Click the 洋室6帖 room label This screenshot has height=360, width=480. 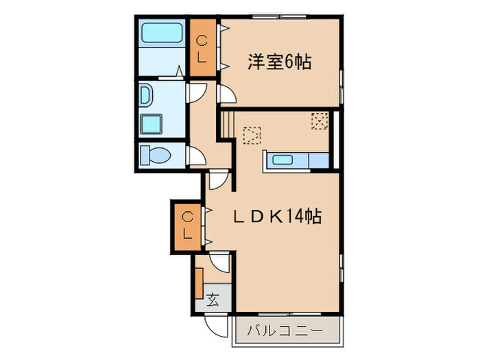tap(279, 62)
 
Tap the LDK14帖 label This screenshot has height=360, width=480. tap(276, 217)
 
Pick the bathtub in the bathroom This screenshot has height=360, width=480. tap(161, 34)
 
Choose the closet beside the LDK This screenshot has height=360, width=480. tap(187, 227)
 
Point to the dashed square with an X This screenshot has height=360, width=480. tap(320, 121)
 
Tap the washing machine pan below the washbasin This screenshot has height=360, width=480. tap(150, 124)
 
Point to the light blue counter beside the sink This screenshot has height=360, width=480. tap(319, 161)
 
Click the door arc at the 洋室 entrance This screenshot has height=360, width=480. tap(226, 95)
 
